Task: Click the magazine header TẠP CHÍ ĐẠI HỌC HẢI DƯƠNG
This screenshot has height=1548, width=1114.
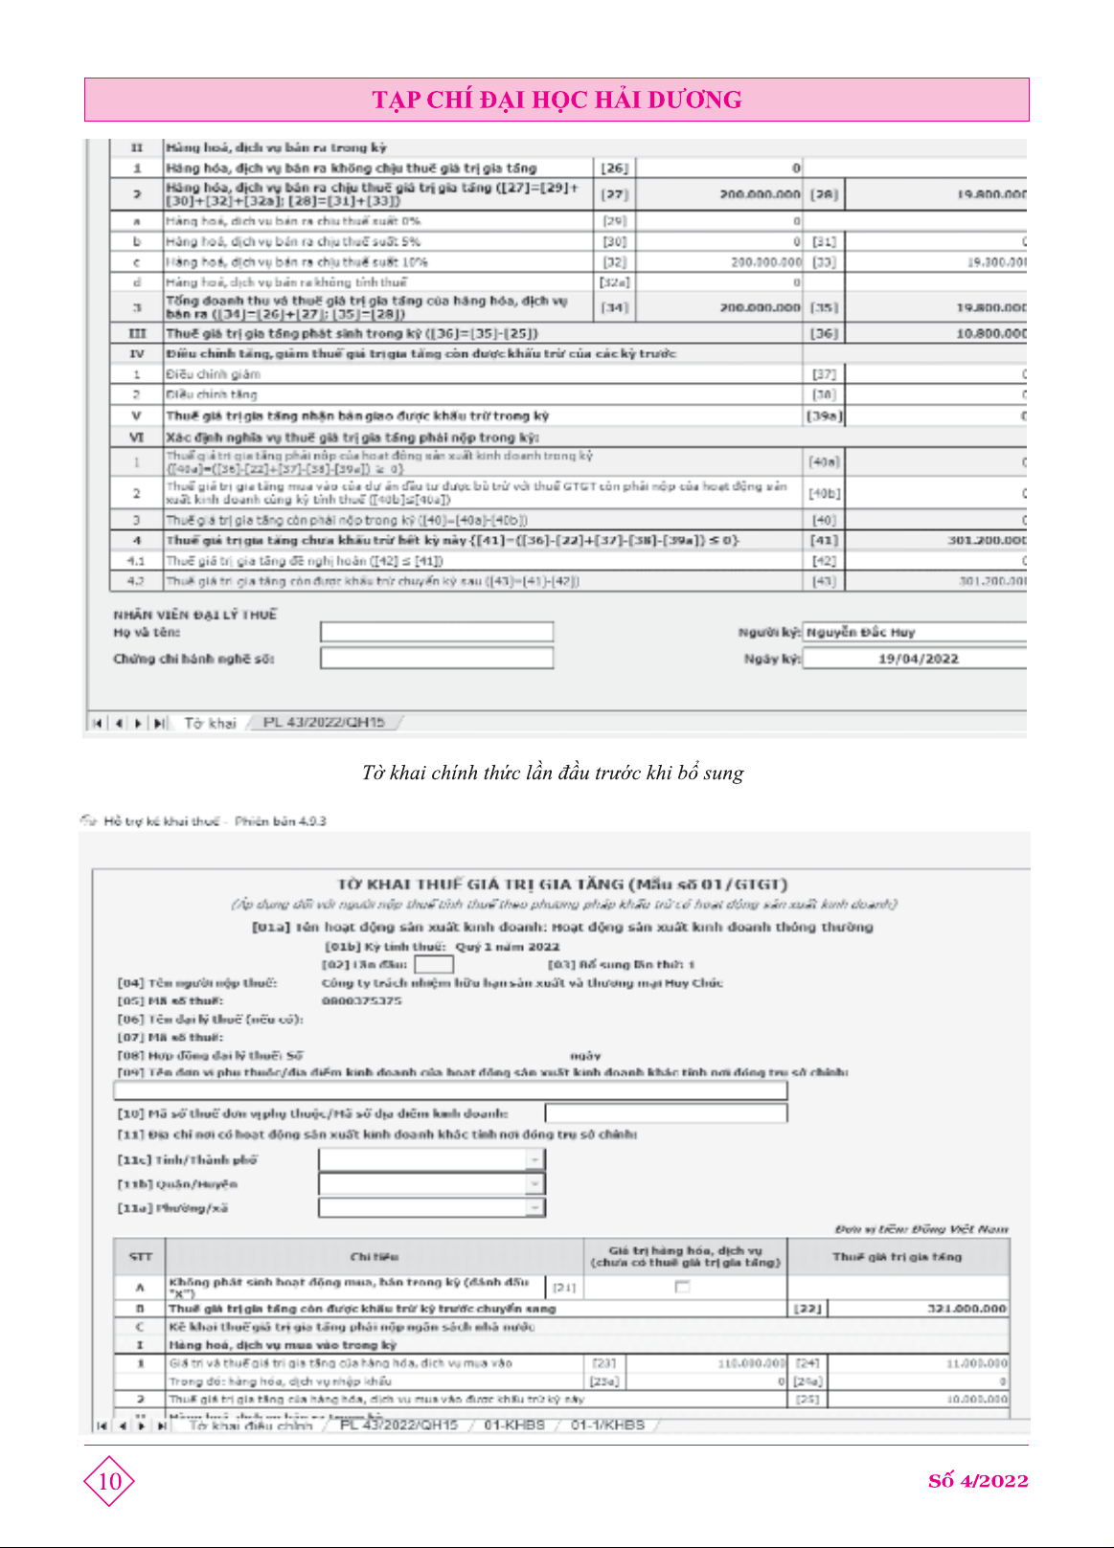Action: click(557, 100)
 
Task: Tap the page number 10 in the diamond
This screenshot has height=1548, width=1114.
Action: click(109, 1481)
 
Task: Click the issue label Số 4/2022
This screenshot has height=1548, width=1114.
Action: click(977, 1481)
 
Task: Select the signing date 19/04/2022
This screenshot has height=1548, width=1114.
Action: click(917, 659)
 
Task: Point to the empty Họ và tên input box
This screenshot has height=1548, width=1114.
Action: click(437, 632)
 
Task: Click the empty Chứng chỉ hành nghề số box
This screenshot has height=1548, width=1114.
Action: click(437, 658)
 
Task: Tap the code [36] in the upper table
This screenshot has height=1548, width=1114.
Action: click(824, 334)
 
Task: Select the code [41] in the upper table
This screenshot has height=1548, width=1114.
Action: click(824, 541)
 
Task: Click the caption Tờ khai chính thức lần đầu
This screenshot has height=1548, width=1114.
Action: click(553, 773)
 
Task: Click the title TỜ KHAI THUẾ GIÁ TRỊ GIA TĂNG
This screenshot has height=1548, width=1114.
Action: click(562, 884)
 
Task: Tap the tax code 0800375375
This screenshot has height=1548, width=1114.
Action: click(361, 1000)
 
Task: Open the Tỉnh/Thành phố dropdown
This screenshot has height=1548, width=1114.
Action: click(534, 1159)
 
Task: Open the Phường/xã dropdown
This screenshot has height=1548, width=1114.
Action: click(534, 1208)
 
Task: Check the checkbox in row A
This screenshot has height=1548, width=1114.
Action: click(682, 1287)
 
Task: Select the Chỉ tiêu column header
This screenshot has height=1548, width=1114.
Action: click(375, 1256)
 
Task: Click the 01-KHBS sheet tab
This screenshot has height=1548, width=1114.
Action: click(514, 1425)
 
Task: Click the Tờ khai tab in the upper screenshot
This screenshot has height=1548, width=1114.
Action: click(210, 723)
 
